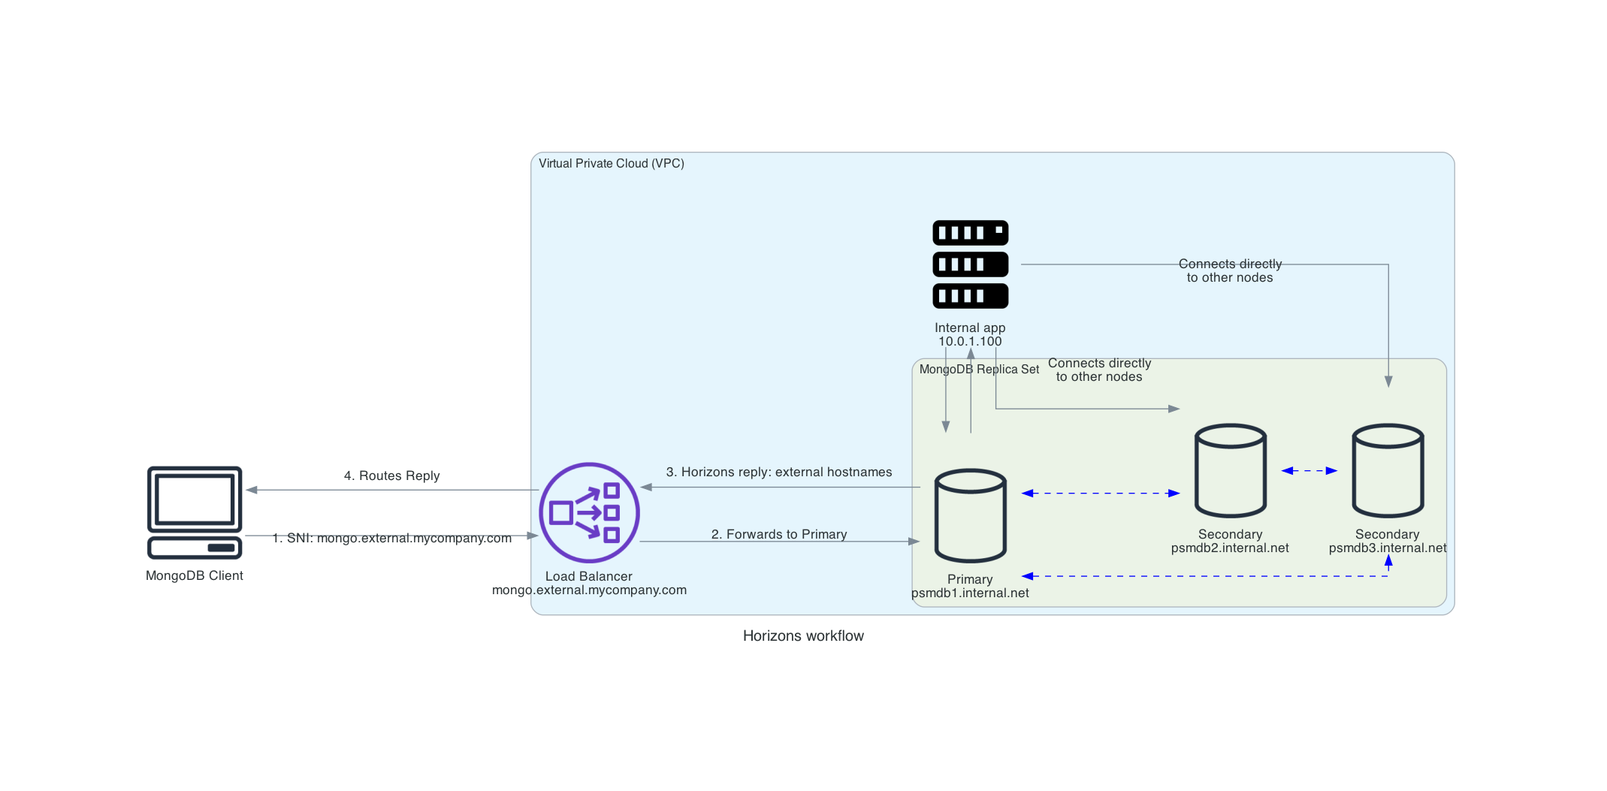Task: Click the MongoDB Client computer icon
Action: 195,512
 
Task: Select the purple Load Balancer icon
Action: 589,512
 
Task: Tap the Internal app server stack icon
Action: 970,264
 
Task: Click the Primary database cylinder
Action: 970,516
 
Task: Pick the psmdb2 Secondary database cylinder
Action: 1230,471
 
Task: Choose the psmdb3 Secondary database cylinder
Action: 1387,471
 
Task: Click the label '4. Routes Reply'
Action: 391,476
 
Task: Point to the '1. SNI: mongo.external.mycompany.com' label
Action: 391,538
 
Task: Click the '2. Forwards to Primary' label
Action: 778,534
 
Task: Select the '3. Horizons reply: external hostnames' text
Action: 778,472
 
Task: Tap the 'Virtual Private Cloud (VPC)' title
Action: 611,164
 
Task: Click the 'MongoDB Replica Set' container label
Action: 979,370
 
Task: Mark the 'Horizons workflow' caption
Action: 802,636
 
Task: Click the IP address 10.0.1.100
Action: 970,341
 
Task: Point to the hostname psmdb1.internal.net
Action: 970,593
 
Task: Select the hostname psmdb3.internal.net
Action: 1387,548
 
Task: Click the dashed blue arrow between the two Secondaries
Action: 1309,471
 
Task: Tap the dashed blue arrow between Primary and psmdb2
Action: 1100,494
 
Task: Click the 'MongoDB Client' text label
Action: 195,575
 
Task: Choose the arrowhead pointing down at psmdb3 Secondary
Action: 1388,382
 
